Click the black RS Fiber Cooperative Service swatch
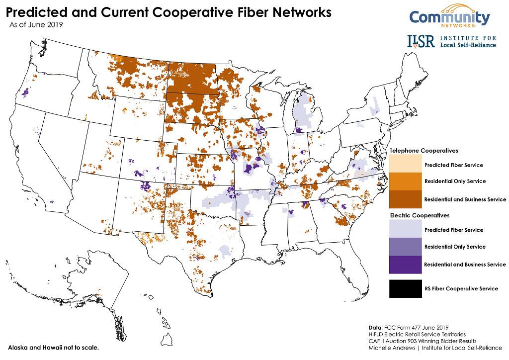pyautogui.click(x=405, y=289)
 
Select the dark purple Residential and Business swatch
pyautogui.click(x=405, y=265)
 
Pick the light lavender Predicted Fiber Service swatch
pyautogui.click(x=405, y=230)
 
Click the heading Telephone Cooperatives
pyautogui.click(x=424, y=151)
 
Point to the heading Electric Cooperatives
pyautogui.click(x=420, y=216)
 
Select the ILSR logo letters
pyautogui.click(x=421, y=41)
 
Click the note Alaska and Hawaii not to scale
pyautogui.click(x=53, y=347)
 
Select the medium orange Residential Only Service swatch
pyautogui.click(x=405, y=181)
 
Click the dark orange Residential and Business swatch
pyautogui.click(x=405, y=199)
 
